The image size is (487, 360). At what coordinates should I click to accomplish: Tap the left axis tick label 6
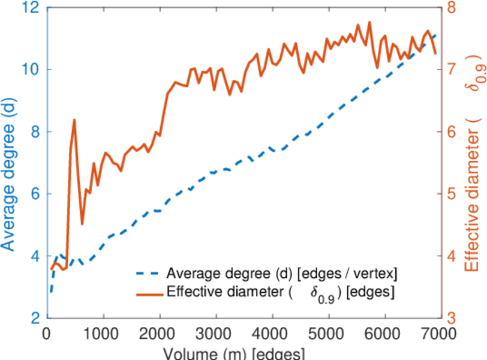34,194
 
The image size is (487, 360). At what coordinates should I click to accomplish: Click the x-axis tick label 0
47,332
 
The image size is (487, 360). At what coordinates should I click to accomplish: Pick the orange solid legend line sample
148,293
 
